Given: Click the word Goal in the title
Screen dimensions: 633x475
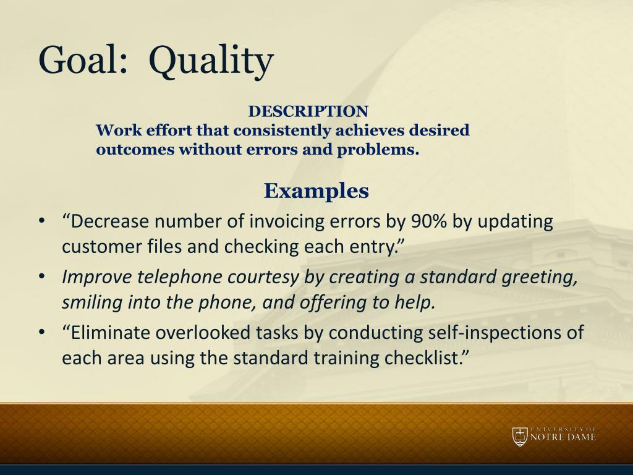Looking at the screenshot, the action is pyautogui.click(x=83, y=59).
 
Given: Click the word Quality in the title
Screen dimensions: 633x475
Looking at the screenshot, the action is pyautogui.click(x=211, y=62).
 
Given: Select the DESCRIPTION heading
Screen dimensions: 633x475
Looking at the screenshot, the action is pyautogui.click(x=308, y=111).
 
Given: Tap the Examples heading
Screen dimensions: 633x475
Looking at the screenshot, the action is pyautogui.click(x=316, y=190).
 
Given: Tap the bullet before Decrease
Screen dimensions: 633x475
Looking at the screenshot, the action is pyautogui.click(x=41, y=221).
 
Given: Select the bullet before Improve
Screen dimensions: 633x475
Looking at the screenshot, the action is pyautogui.click(x=41, y=277).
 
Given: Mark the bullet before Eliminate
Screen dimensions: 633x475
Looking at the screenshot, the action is pyautogui.click(x=41, y=333).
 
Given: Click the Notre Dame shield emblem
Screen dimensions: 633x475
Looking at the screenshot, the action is pyautogui.click(x=520, y=437).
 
